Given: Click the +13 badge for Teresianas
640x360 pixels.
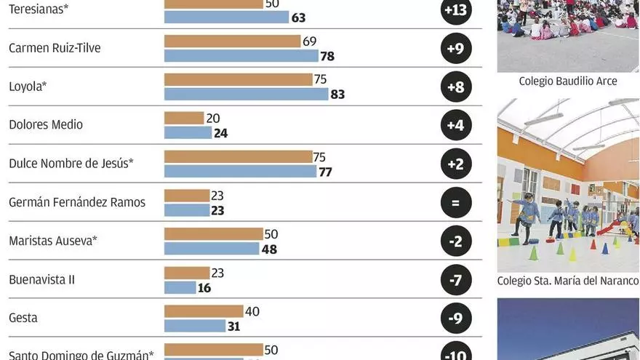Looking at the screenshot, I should [456, 10].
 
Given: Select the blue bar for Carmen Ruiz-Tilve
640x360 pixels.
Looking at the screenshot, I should [241, 56].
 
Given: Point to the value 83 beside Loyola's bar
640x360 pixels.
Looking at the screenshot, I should [337, 95].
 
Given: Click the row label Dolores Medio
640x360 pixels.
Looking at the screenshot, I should [46, 124].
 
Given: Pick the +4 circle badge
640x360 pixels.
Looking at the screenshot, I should [456, 125].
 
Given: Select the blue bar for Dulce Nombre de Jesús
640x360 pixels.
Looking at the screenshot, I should [240, 172].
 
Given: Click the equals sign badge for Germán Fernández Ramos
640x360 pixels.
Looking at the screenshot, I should [456, 202].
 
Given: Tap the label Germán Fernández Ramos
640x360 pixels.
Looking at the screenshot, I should [77, 202].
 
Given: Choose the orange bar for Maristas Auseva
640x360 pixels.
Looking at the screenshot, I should [213, 234].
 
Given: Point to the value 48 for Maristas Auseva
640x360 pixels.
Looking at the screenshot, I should [268, 249].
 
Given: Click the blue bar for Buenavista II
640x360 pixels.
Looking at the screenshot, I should [180, 287].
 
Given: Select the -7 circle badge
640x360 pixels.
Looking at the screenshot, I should [456, 279].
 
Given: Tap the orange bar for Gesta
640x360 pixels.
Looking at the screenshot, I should [204, 311].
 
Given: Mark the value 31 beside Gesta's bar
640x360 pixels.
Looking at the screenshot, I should [233, 327].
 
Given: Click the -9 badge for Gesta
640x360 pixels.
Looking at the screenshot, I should [456, 318].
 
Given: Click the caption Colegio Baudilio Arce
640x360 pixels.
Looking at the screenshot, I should [567, 81].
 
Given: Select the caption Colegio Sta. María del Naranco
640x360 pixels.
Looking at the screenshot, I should [568, 281].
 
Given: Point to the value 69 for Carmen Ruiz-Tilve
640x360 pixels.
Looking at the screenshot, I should [309, 41].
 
